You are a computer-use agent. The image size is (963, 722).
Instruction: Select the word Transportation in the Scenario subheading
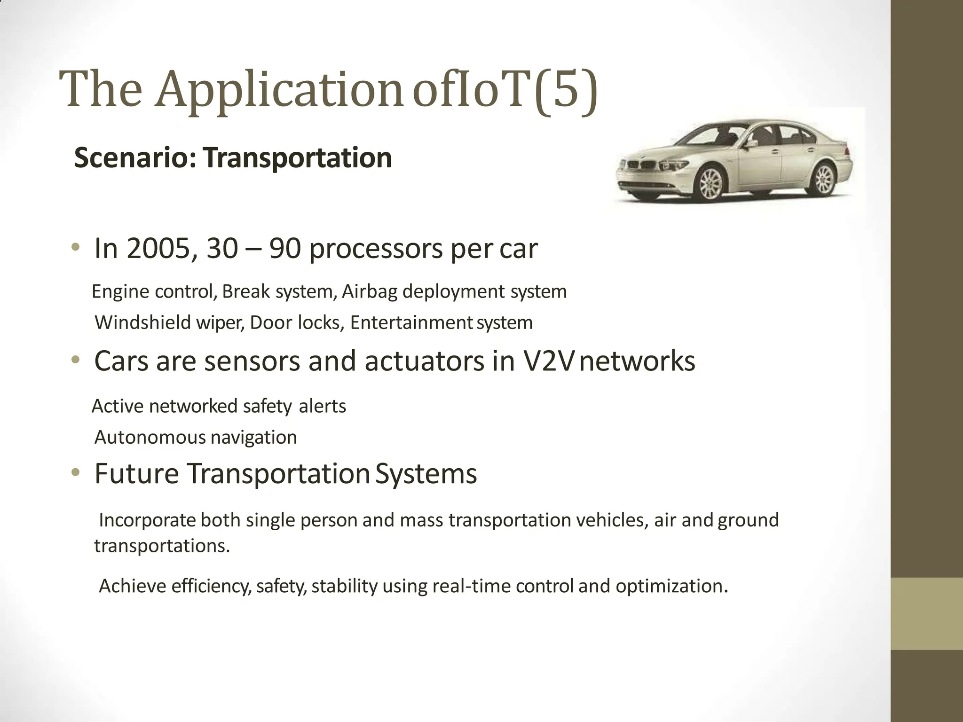pos(298,157)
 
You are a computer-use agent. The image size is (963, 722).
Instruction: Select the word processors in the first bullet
pos(375,249)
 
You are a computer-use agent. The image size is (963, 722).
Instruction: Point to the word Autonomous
pos(150,437)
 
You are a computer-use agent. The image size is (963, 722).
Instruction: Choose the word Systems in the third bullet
pos(426,473)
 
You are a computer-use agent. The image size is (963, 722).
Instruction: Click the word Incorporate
pos(147,520)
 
